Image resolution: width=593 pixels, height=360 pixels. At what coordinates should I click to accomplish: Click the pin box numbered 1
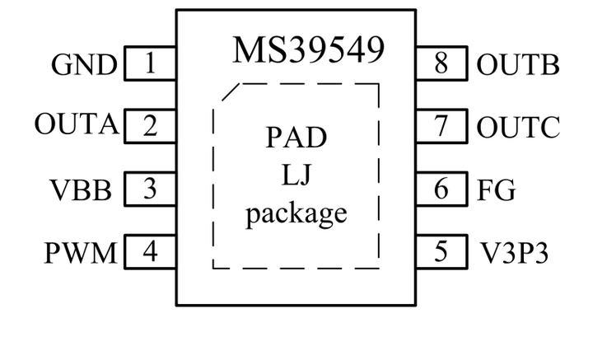pyautogui.click(x=150, y=65)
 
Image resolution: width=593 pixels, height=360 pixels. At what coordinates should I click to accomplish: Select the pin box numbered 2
pyautogui.click(x=150, y=127)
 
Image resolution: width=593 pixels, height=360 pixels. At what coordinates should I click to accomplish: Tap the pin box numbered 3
pyautogui.click(x=150, y=189)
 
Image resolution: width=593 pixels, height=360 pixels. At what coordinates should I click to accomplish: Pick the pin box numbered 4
pyautogui.click(x=150, y=251)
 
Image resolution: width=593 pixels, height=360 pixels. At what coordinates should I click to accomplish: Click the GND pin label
pyautogui.click(x=84, y=65)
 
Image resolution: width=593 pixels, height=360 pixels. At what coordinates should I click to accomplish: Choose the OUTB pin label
pyautogui.click(x=518, y=65)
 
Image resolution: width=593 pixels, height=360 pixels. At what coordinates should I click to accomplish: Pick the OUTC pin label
pyautogui.click(x=518, y=128)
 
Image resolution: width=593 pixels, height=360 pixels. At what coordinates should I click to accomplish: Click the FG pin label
pyautogui.click(x=497, y=190)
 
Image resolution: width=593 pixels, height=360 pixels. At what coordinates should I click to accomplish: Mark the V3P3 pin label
pyautogui.click(x=513, y=252)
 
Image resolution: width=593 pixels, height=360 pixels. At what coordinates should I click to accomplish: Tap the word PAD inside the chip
pyautogui.click(x=296, y=137)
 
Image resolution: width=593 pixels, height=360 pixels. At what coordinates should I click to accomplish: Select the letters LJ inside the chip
pyautogui.click(x=296, y=175)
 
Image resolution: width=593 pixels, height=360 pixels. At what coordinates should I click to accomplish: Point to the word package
pyautogui.click(x=296, y=214)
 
